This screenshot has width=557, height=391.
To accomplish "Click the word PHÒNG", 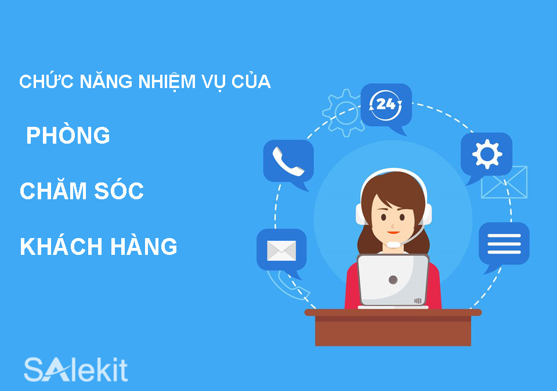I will point(68,136).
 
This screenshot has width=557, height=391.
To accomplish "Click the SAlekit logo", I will point(75,370).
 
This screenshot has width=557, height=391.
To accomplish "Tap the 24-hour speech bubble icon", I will point(386,105).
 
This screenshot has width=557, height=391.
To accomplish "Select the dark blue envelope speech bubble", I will point(281,251).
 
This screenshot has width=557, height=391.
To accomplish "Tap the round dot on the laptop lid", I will point(393,280).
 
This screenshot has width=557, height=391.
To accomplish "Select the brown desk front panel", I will point(393,331).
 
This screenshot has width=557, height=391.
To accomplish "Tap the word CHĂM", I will point(53,191).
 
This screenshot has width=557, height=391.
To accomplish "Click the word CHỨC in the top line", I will point(41,82).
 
